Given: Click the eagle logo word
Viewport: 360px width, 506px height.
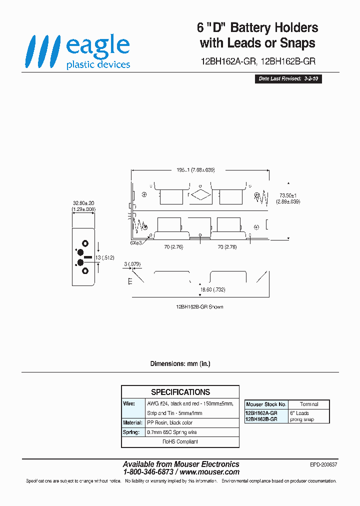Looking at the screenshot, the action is (x=97, y=46).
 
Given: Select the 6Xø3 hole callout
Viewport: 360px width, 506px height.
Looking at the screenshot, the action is (x=136, y=242).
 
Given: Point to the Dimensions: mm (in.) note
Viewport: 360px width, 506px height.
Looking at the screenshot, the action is (x=180, y=363).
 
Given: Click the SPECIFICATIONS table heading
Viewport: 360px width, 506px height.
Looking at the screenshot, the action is (x=180, y=392).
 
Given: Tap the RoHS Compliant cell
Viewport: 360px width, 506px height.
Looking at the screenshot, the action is (x=180, y=441).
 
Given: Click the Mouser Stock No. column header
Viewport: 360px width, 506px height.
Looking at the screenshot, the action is (x=266, y=404).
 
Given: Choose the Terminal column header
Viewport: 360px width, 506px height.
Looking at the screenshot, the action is (x=309, y=404).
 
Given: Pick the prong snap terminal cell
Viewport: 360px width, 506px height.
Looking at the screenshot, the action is (x=301, y=419).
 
